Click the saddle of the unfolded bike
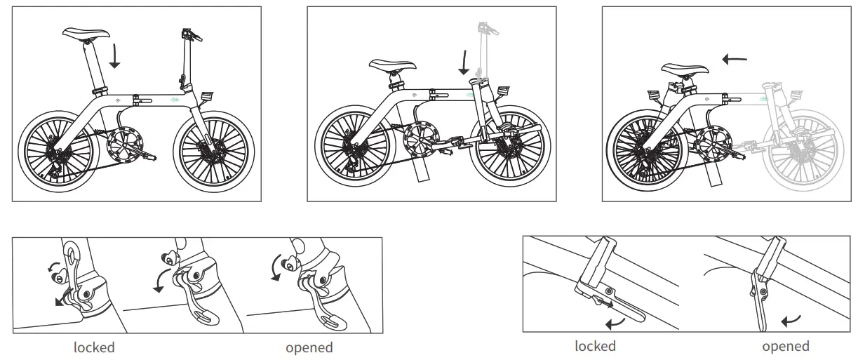(x=86, y=33)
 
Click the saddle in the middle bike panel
(x=392, y=66)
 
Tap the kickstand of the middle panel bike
(x=422, y=171)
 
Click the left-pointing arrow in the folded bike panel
(x=735, y=60)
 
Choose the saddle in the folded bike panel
(x=683, y=70)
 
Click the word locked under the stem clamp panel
(x=94, y=347)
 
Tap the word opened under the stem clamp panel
(x=309, y=347)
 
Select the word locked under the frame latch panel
(x=595, y=346)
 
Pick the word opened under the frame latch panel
(x=785, y=346)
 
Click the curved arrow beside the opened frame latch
(x=791, y=321)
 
